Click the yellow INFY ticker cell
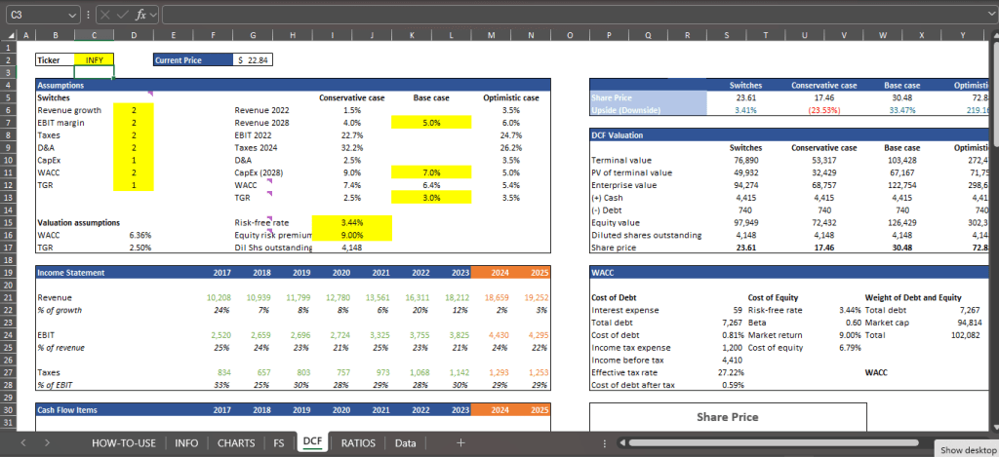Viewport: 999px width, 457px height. (95, 59)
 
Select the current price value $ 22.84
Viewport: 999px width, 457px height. (255, 59)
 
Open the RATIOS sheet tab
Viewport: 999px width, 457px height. (358, 442)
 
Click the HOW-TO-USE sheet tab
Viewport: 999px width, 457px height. (124, 442)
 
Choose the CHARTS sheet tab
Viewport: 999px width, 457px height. (237, 442)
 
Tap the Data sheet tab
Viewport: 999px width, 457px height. (405, 442)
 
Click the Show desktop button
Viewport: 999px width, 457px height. (965, 449)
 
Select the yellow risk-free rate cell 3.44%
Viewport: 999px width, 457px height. (351, 222)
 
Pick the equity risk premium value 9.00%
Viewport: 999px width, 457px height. (351, 235)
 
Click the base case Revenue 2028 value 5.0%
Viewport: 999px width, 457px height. (430, 123)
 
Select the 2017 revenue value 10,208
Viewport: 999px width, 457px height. (220, 296)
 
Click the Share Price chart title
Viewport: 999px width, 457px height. (727, 417)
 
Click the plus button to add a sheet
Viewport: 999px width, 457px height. (460, 442)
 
